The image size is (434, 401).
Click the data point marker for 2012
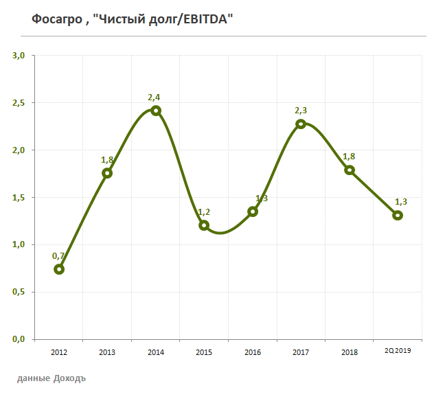[59, 269]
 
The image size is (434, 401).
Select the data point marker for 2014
[156, 111]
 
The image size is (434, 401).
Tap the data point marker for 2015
[204, 225]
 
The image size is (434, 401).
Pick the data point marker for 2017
[301, 124]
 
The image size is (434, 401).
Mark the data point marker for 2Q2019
[398, 215]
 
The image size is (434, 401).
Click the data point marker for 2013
[107, 173]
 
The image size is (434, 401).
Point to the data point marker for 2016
[253, 211]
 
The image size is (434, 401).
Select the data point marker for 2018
[349, 170]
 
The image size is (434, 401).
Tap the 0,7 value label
[58, 256]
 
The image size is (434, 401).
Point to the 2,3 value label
[301, 111]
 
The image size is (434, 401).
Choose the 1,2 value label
[204, 212]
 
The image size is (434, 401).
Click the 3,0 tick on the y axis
[19, 56]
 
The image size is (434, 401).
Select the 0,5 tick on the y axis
[19, 292]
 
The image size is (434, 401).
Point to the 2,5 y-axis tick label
[19, 103]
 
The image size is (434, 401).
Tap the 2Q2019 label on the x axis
[398, 352]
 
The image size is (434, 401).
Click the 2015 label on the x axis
[204, 352]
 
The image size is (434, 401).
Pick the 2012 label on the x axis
[59, 352]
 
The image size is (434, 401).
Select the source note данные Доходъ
[52, 378]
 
